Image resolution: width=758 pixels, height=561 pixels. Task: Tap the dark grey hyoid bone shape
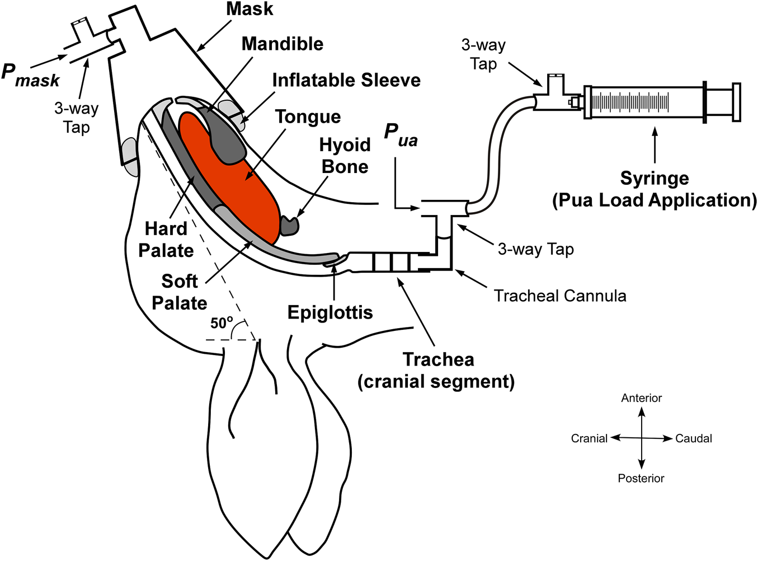[290, 225]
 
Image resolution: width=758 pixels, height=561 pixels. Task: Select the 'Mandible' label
[283, 44]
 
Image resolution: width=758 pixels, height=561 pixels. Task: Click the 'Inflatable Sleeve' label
[346, 80]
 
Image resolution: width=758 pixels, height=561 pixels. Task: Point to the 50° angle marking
[222, 323]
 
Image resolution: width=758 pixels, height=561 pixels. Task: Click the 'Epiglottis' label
[330, 312]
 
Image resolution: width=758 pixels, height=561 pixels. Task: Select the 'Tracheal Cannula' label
[560, 296]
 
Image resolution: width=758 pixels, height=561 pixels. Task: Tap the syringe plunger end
[736, 102]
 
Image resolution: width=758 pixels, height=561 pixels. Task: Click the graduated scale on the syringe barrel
[630, 102]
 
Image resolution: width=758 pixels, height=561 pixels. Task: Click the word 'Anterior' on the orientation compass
[641, 398]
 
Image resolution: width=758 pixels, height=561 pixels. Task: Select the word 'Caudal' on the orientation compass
[694, 438]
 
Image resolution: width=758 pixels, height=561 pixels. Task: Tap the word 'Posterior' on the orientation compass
[641, 478]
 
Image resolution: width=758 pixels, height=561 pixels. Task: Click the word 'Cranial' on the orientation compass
[589, 438]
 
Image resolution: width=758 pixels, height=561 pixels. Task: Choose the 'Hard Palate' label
[166, 240]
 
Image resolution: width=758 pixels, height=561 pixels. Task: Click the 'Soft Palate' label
[179, 292]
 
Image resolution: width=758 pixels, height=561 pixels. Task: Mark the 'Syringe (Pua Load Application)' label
[655, 189]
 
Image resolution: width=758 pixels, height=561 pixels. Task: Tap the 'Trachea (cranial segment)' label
[436, 370]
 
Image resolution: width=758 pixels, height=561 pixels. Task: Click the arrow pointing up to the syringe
[655, 146]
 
